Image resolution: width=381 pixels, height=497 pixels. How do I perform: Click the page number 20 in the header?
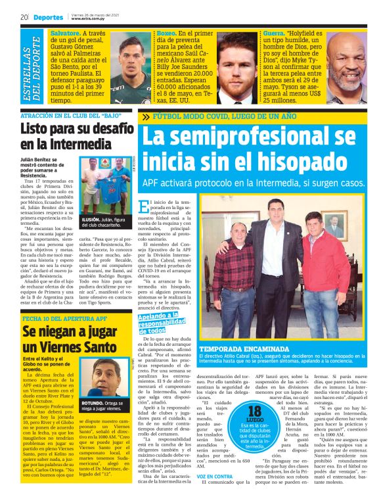point(23,16)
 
